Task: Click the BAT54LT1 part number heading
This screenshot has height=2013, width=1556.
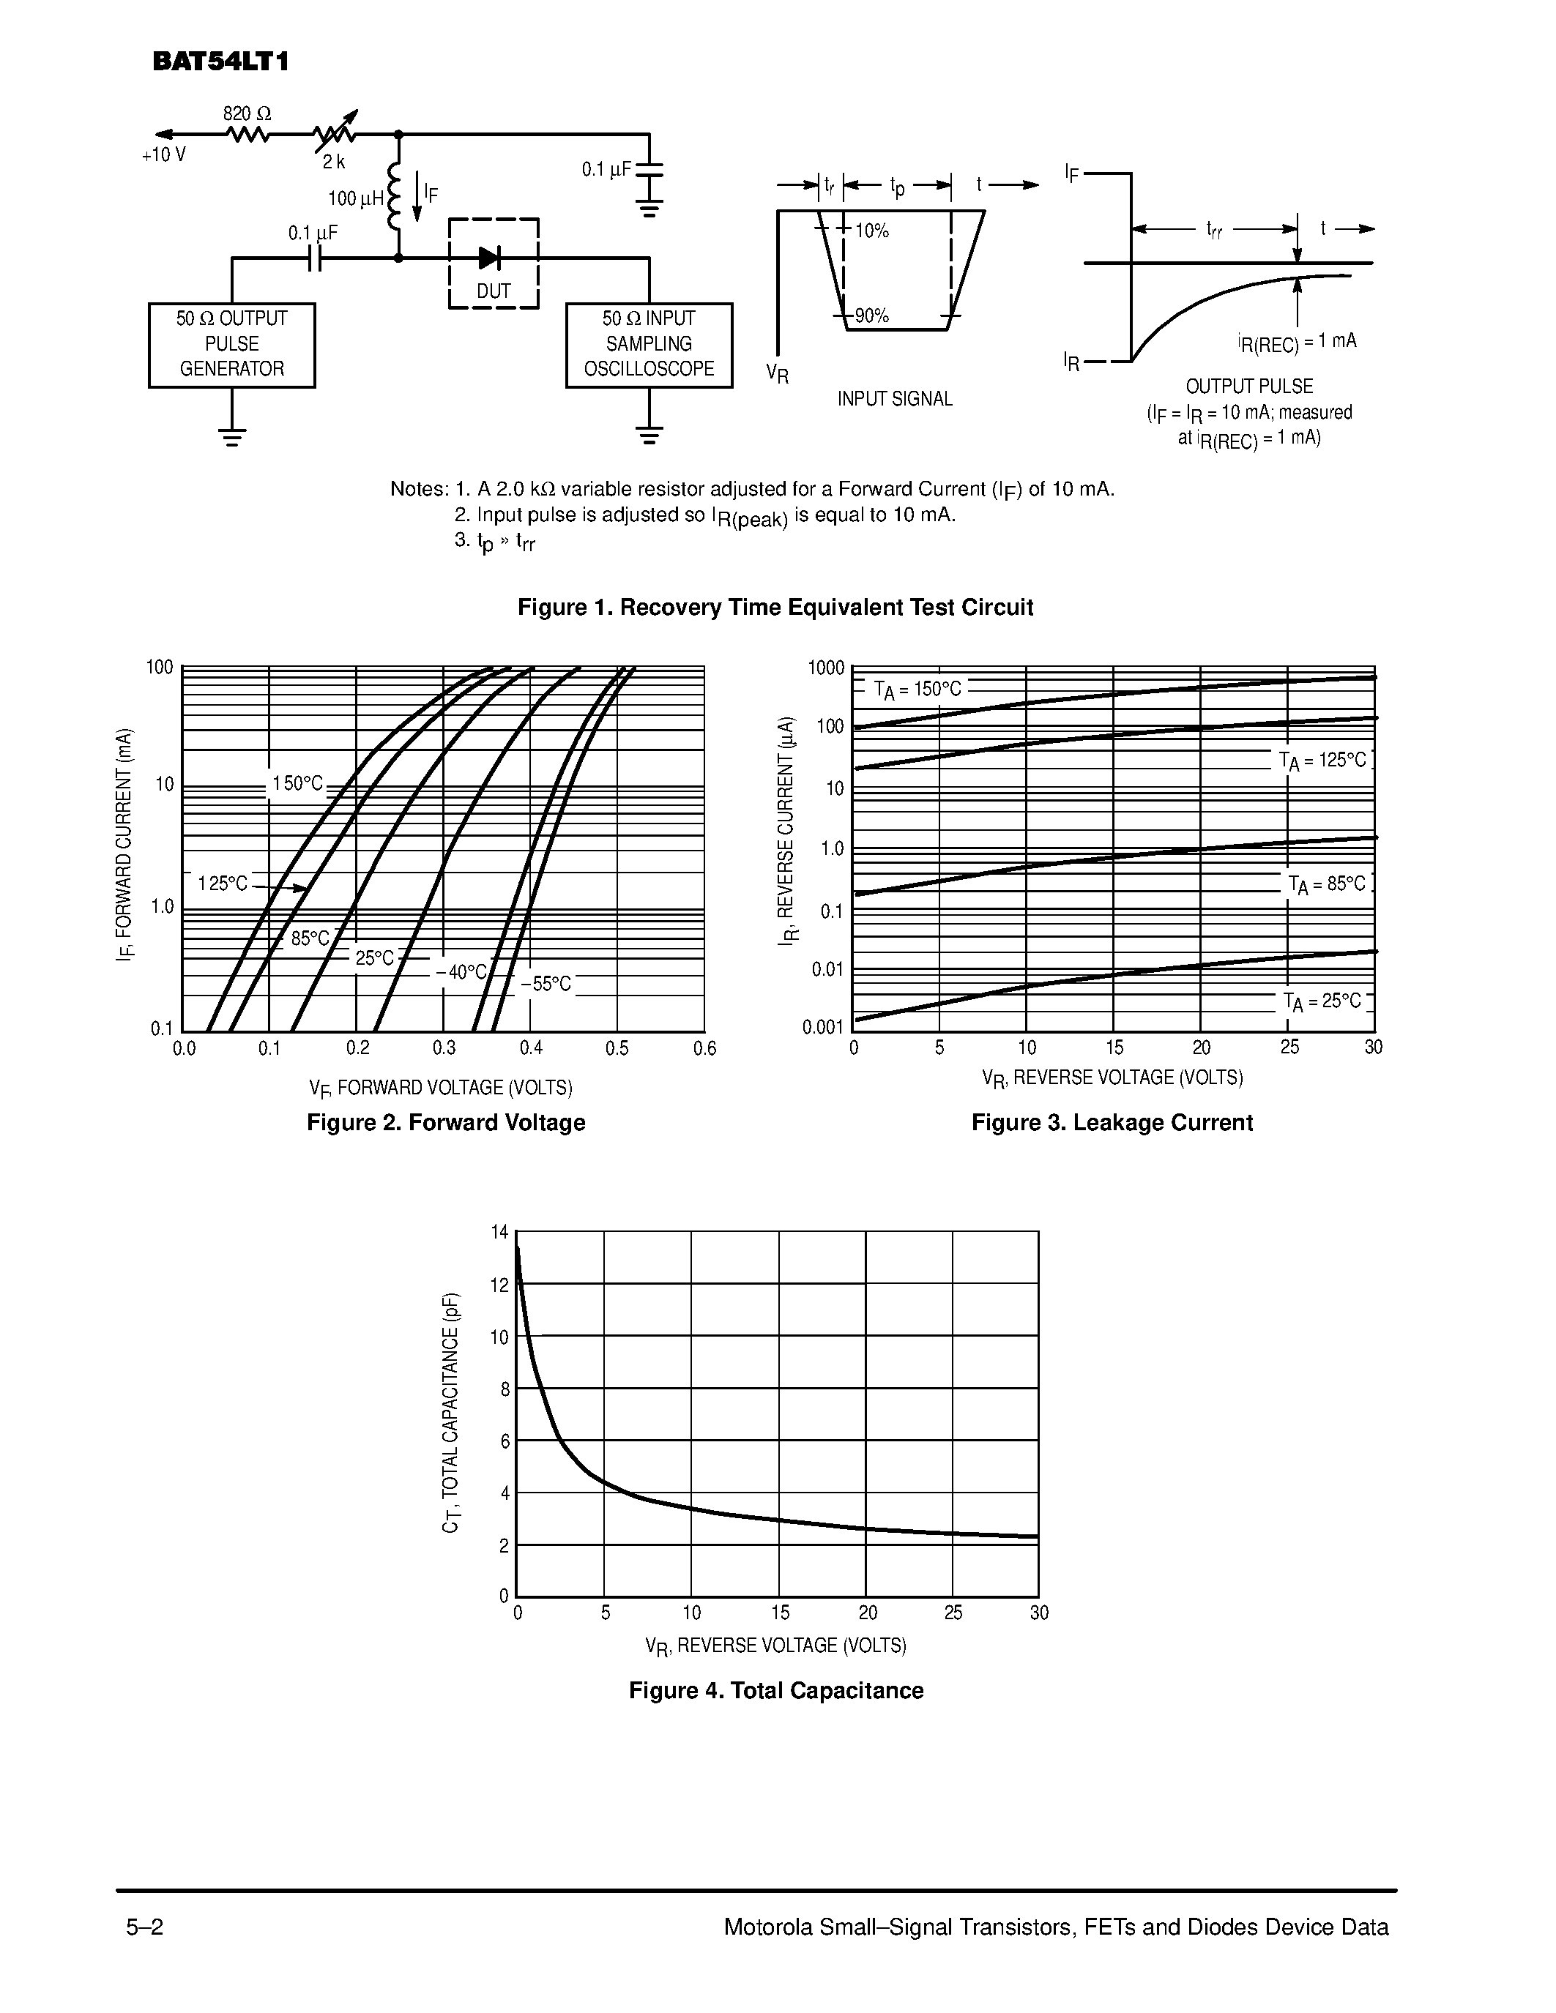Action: (x=221, y=61)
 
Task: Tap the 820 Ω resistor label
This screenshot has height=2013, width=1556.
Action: (x=247, y=114)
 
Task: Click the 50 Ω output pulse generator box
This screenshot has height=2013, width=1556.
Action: (x=231, y=345)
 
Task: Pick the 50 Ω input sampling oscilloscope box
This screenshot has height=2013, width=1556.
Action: (x=649, y=345)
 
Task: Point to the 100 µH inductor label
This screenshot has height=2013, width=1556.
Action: (x=356, y=198)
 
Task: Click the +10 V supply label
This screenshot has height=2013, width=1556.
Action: (x=164, y=155)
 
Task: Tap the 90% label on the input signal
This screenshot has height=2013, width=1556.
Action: (x=871, y=316)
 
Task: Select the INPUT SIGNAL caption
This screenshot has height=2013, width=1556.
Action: (x=894, y=399)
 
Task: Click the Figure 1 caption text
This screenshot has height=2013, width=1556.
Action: (x=775, y=608)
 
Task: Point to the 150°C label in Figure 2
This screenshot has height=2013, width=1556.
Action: (x=297, y=783)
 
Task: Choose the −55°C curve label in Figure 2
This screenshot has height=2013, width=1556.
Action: (x=546, y=985)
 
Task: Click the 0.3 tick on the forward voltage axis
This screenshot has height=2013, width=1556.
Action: (x=444, y=1048)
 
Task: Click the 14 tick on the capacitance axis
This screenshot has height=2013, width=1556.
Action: (x=499, y=1232)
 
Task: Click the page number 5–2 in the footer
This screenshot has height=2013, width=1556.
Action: (x=145, y=1927)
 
